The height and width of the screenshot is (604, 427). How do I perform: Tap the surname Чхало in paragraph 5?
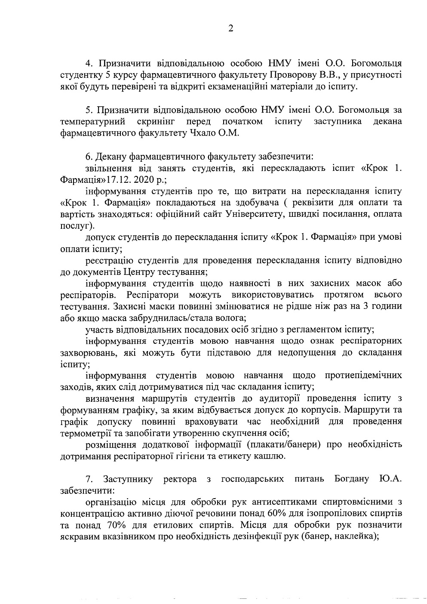pos(204,133)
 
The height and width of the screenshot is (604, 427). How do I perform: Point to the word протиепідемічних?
pos(363,375)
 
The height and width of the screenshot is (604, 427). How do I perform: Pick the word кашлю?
pos(272,456)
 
